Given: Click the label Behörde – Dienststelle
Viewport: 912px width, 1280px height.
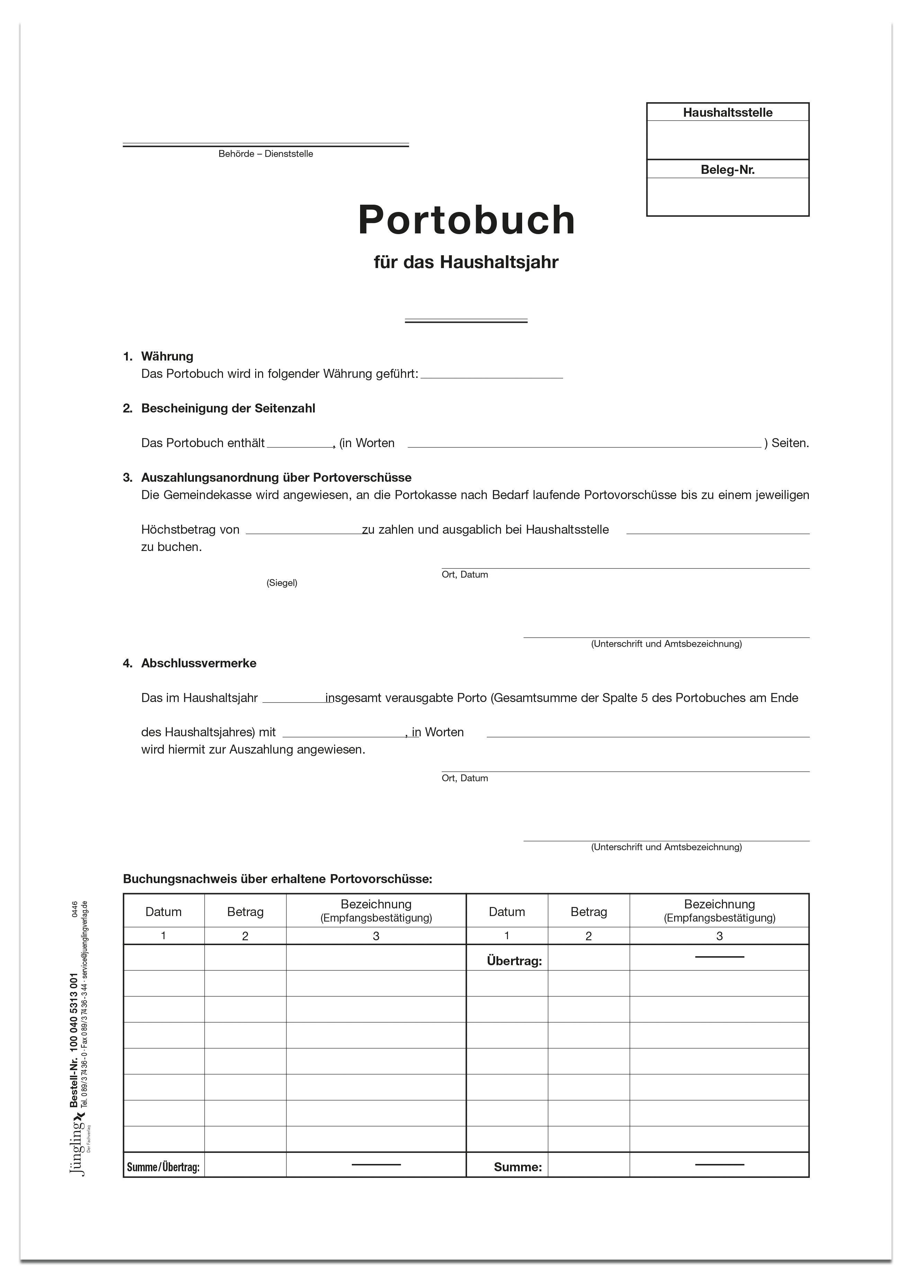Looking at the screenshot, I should (266, 154).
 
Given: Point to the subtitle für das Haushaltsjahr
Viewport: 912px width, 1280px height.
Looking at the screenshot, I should (466, 262).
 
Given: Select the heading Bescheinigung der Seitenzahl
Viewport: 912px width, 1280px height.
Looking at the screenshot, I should (228, 408).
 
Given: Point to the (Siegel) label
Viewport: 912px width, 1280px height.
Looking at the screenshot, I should (282, 583).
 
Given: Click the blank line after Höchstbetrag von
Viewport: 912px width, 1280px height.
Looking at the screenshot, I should (304, 531).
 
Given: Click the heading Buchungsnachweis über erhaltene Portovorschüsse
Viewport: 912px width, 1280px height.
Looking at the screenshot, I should (277, 879).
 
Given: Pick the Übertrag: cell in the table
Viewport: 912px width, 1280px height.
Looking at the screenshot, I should (514, 961).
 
